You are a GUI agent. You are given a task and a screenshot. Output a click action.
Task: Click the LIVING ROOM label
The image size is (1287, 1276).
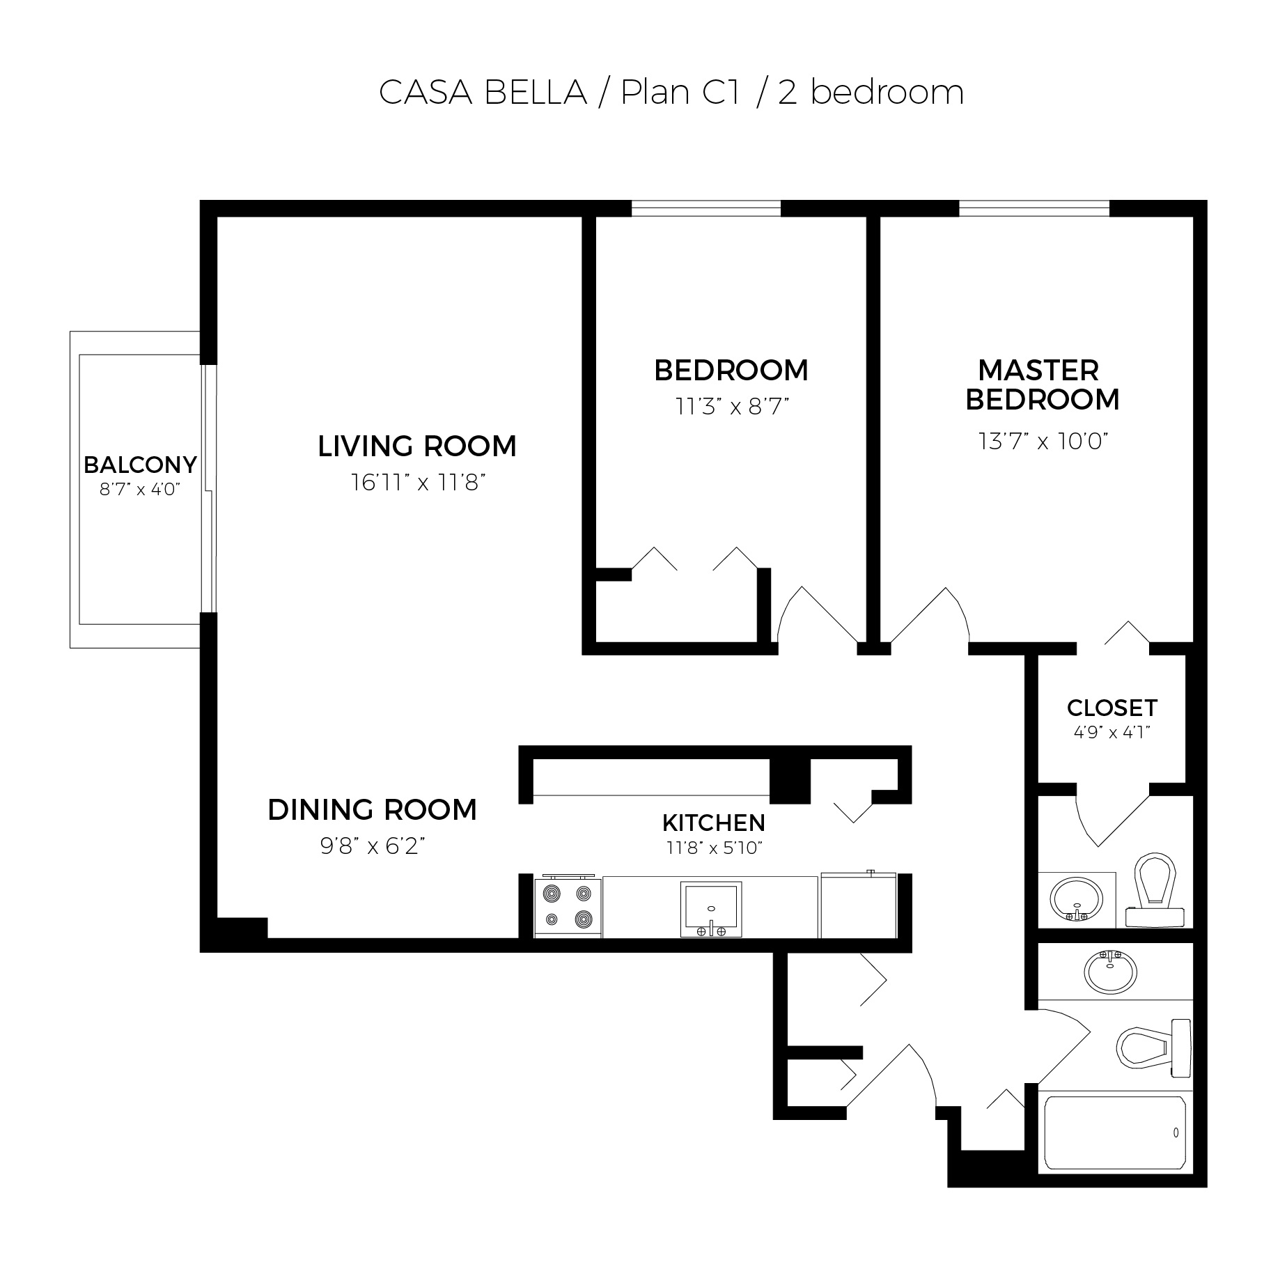point(417,446)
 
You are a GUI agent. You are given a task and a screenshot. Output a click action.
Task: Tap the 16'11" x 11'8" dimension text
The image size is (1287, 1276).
point(418,482)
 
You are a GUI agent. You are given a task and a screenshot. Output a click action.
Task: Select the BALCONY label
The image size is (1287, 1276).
point(140,464)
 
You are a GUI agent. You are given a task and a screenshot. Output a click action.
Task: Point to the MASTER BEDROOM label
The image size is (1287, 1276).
point(1043,385)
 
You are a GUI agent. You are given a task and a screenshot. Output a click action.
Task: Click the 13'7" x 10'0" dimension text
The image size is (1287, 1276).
point(1043,441)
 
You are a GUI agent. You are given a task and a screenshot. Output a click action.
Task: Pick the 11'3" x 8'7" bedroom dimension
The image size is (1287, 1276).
point(731,406)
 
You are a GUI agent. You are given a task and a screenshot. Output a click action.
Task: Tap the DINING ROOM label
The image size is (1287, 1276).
point(373,810)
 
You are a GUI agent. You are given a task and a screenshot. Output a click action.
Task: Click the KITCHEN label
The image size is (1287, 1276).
point(714,823)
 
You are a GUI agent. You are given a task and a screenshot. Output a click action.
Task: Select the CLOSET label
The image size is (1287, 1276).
point(1112,708)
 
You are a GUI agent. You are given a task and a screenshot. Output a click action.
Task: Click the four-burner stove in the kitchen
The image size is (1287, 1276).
point(568,905)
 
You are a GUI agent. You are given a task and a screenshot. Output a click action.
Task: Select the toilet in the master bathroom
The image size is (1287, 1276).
point(1155,890)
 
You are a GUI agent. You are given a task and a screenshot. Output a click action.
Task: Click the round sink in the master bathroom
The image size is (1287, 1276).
point(1077,899)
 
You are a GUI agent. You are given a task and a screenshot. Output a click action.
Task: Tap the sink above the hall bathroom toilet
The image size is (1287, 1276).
point(1111,972)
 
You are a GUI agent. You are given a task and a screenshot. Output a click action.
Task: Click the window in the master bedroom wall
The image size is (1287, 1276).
point(1034,208)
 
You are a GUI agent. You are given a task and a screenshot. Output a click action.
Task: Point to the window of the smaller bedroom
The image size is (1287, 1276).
point(706,208)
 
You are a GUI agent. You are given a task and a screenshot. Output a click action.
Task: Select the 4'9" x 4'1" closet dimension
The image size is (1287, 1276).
point(1112,732)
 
